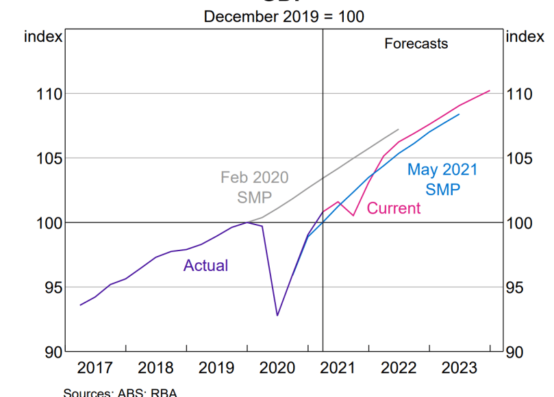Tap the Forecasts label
[416, 44]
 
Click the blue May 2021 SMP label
[442, 179]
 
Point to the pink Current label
[394, 208]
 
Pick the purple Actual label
[205, 266]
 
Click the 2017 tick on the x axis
[96, 368]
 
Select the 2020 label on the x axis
[277, 368]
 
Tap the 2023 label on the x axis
[459, 368]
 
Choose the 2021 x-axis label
[338, 368]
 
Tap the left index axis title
[43, 37]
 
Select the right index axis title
[525, 37]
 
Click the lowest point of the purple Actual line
[277, 316]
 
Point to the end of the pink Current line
[490, 90]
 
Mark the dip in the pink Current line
[353, 215]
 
